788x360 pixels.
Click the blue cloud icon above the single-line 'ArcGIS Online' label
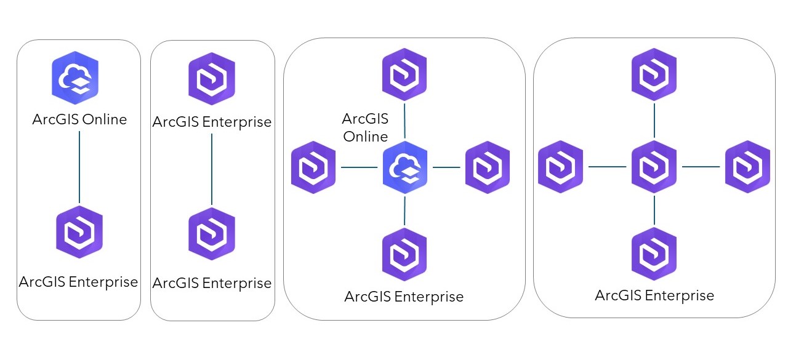point(75,78)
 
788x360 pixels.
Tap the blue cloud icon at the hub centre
point(405,167)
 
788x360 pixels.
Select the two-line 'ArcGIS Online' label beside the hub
point(366,127)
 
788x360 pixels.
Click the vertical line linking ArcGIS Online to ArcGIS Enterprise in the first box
point(79,167)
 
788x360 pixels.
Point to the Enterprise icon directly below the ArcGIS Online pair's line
point(79,232)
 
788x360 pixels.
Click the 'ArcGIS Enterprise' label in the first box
point(78,282)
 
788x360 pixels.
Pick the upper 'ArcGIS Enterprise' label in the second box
point(212,122)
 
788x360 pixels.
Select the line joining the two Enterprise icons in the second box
point(212,169)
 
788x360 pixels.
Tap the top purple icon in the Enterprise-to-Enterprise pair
point(212,79)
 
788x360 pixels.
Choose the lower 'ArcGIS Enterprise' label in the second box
point(212,283)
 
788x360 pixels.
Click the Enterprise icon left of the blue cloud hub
point(313,167)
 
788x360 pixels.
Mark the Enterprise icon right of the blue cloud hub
point(488,167)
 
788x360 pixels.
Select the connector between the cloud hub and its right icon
point(446,167)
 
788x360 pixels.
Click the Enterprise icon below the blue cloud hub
point(404,255)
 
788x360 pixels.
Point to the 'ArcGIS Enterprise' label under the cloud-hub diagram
point(404,297)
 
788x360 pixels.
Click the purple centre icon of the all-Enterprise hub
point(654,167)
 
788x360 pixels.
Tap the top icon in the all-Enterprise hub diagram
point(654,74)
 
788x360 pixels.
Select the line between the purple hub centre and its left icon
point(607,167)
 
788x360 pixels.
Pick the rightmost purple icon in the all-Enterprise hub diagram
point(748,167)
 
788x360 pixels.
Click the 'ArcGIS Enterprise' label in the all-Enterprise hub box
point(654,295)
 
